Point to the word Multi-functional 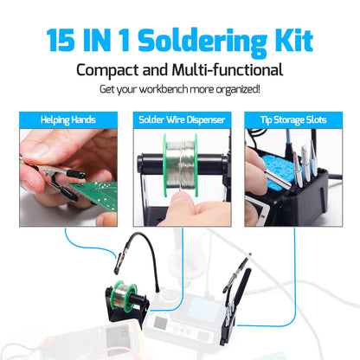pyautogui.click(x=232, y=69)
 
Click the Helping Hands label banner pyautogui.click(x=67, y=119)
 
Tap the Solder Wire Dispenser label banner pyautogui.click(x=180, y=119)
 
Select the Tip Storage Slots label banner pyautogui.click(x=292, y=119)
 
